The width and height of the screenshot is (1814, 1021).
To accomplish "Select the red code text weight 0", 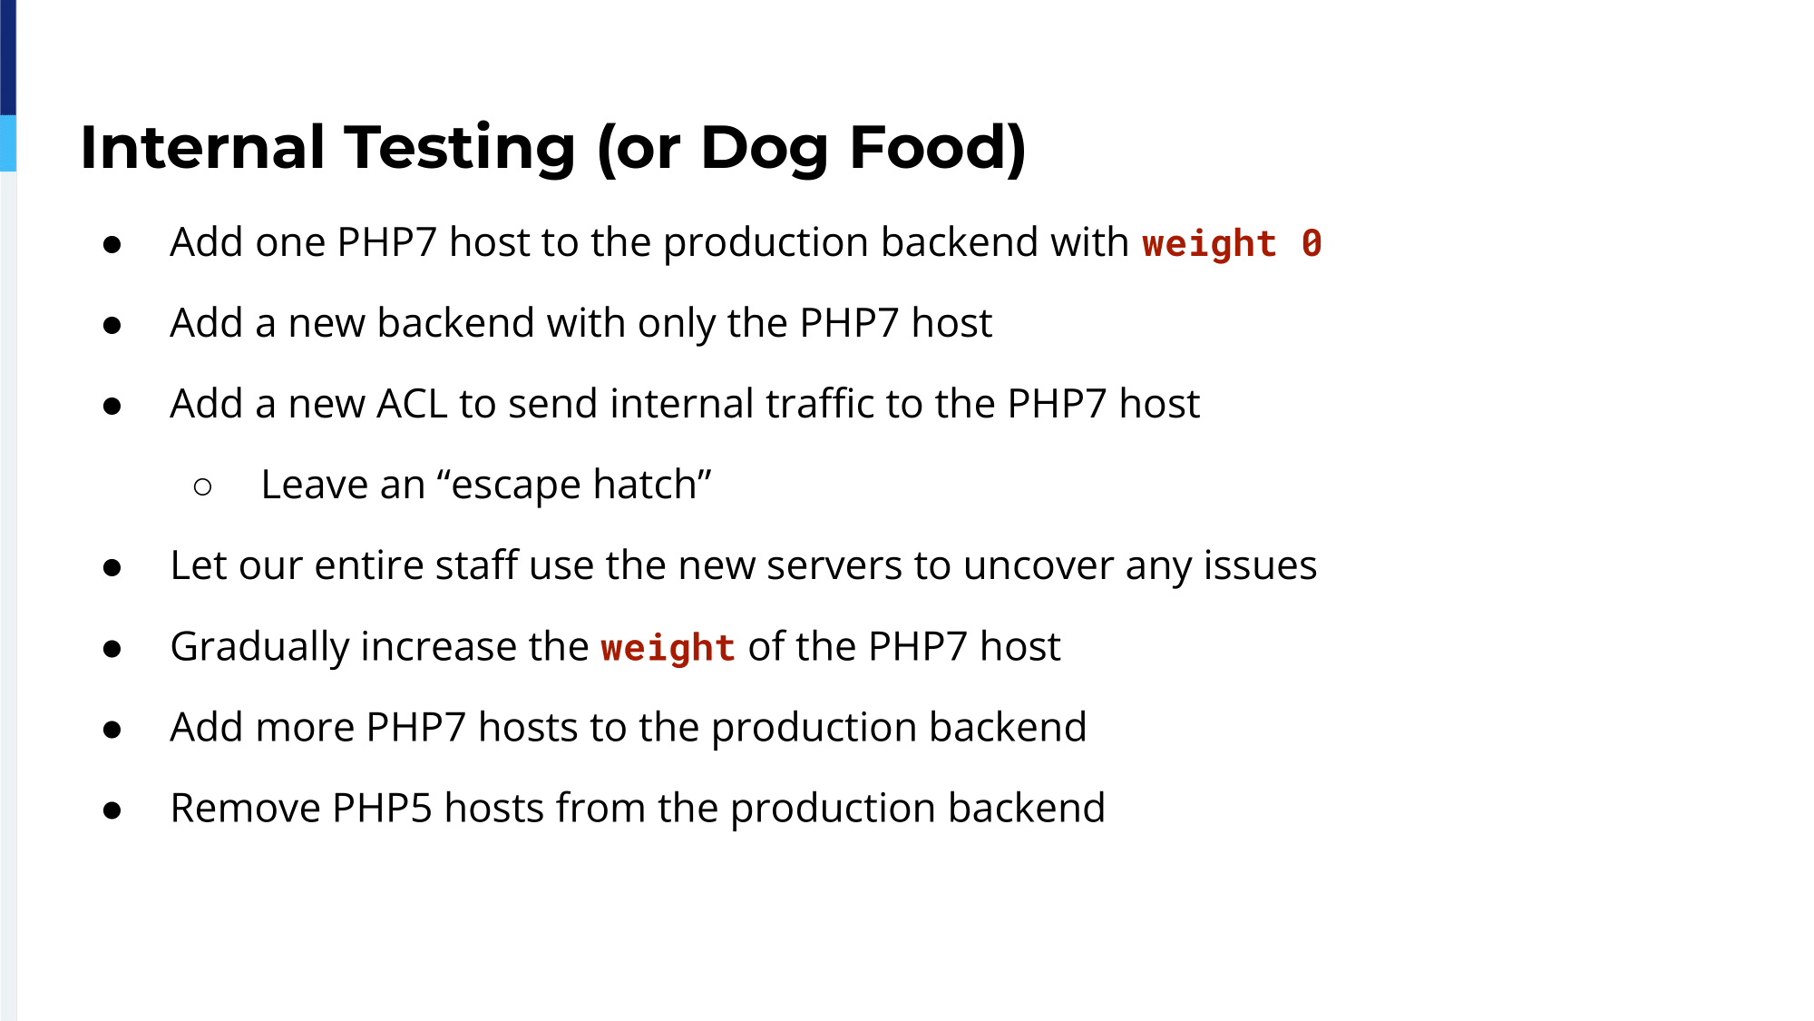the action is (x=1232, y=244).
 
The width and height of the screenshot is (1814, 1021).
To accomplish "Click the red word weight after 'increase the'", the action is (x=668, y=648).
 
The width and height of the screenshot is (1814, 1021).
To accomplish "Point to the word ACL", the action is (x=412, y=404).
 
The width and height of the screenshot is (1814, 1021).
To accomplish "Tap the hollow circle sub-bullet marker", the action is (x=203, y=487).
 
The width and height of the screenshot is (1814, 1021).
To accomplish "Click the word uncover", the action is (x=1039, y=566).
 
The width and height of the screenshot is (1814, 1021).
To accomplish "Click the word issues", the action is (x=1260, y=565).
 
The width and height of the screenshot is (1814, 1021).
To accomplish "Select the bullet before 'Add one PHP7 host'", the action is (x=112, y=244).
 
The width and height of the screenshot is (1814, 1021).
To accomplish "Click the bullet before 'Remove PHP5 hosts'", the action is (x=112, y=810).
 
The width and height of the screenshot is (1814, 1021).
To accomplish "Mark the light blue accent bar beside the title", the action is (x=8, y=143).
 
